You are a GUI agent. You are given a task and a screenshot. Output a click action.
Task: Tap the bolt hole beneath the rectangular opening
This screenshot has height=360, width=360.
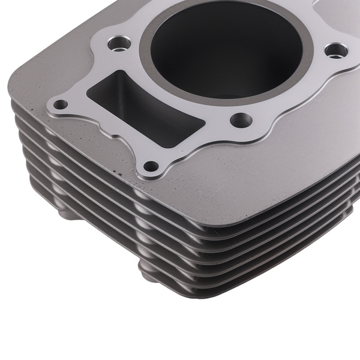pyautogui.click(x=152, y=166)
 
